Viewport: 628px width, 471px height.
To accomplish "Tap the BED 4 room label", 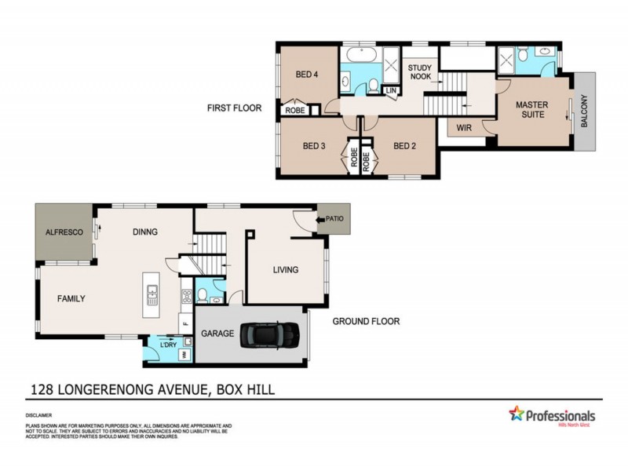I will click(307, 75).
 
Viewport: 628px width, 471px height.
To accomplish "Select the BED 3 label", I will click(315, 145).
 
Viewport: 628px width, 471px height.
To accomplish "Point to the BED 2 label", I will click(404, 145).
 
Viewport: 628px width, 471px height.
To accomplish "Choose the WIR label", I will click(462, 128).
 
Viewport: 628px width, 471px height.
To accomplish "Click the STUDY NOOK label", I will click(421, 73).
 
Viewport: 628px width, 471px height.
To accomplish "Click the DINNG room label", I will click(145, 232).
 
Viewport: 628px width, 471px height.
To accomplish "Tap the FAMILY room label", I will click(71, 298).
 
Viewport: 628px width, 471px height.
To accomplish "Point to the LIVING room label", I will click(286, 270).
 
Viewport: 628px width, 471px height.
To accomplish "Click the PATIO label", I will click(334, 219).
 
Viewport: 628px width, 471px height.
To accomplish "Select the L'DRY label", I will click(167, 345).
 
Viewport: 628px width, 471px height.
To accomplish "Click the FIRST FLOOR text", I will click(234, 108).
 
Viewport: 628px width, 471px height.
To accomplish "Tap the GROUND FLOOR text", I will click(366, 321).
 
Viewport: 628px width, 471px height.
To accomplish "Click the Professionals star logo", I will click(517, 414).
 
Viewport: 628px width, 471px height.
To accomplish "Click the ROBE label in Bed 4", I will click(295, 111).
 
